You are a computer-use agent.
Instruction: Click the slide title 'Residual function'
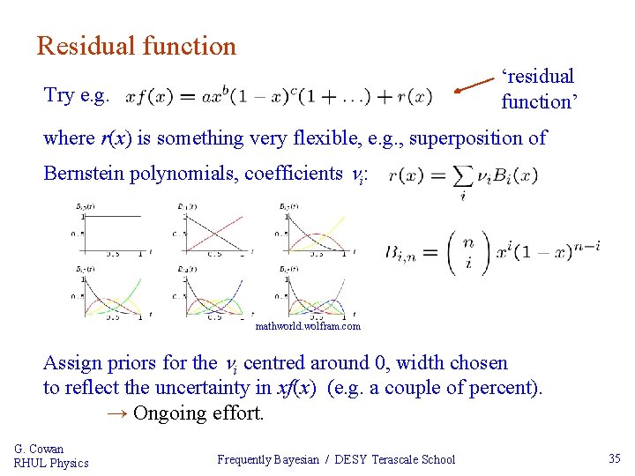137,46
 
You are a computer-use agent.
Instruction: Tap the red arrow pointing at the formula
474,86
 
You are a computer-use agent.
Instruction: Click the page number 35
615,457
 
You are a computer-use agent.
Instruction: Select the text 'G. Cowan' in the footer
39,449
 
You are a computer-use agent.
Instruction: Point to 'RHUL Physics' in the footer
51,463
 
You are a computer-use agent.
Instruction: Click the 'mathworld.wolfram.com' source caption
308,326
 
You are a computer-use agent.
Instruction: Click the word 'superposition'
456,138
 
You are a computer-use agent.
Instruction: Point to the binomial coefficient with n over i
468,253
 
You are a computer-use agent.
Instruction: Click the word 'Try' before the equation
60,95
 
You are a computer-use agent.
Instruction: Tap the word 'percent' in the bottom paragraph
507,387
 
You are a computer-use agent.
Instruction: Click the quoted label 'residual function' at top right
539,89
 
